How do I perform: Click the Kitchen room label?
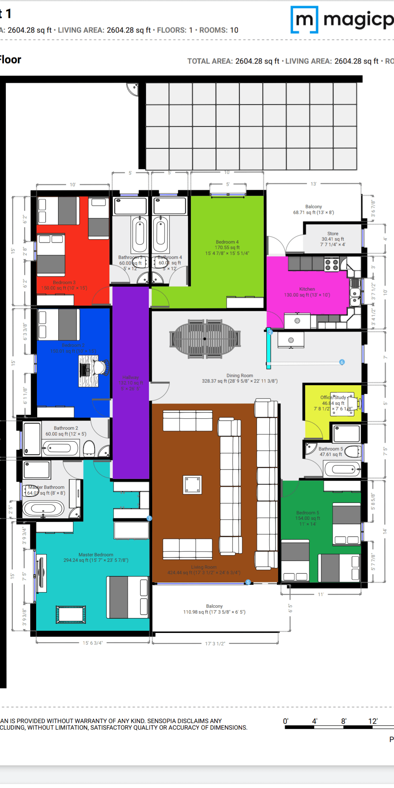[x=307, y=289]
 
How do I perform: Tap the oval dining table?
[x=205, y=339]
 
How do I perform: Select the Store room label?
[x=332, y=233]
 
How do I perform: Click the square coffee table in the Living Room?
[x=192, y=485]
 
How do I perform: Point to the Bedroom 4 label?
[x=227, y=242]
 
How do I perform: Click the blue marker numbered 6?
[x=342, y=362]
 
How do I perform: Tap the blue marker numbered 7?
[x=149, y=518]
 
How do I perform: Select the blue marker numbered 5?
[x=248, y=582]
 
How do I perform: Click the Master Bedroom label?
[x=96, y=555]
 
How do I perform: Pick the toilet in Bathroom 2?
[x=89, y=448]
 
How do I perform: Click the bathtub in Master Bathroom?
[x=43, y=508]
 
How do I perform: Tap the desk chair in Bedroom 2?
[x=100, y=367]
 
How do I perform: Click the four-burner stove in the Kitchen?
[x=332, y=265]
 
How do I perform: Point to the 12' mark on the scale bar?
[x=372, y=721]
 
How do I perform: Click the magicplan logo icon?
[x=304, y=20]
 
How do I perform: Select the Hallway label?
[x=130, y=377]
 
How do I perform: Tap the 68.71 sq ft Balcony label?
[x=313, y=209]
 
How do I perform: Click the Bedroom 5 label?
[x=308, y=513]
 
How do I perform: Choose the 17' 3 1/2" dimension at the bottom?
[x=215, y=644]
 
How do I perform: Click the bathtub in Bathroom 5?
[x=342, y=469]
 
